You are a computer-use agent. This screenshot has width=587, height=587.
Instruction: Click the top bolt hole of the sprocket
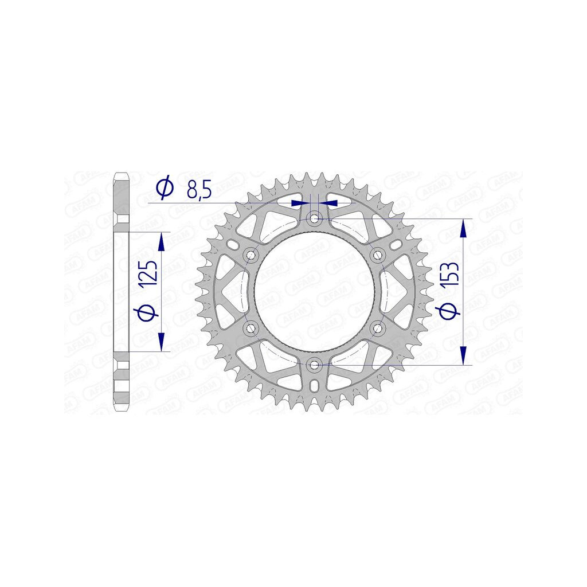tap(314, 218)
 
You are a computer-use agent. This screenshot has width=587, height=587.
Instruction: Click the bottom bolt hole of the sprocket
tap(315, 364)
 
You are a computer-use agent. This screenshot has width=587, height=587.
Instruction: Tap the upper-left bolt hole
tap(251, 255)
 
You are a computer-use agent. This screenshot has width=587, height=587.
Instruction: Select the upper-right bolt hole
tap(377, 255)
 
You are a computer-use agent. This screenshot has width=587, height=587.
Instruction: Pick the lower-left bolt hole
tap(251, 328)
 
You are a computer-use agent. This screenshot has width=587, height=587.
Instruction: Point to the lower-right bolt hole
tap(377, 328)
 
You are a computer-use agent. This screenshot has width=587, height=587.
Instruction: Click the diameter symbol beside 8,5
tap(165, 187)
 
